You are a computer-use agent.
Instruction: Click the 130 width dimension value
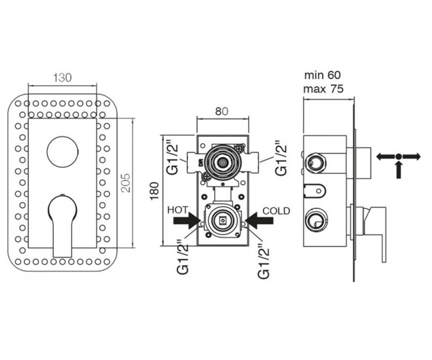tap(62, 78)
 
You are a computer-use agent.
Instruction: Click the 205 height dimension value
tap(126, 183)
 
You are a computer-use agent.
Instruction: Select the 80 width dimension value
tap(222, 111)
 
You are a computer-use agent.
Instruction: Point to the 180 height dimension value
tap(155, 191)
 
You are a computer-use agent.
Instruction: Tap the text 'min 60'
tap(322, 75)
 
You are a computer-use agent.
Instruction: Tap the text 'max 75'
tap(323, 89)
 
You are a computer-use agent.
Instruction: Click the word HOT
tap(178, 210)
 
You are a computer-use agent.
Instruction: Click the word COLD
tap(276, 210)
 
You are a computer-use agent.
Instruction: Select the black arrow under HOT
tap(187, 220)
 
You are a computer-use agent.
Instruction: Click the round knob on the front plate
tap(63, 152)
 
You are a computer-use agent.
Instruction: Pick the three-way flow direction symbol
tap(398, 164)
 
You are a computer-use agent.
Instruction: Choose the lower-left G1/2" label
tap(183, 257)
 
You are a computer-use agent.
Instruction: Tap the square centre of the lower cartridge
tap(222, 220)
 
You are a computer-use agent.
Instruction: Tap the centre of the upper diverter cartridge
tap(222, 163)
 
